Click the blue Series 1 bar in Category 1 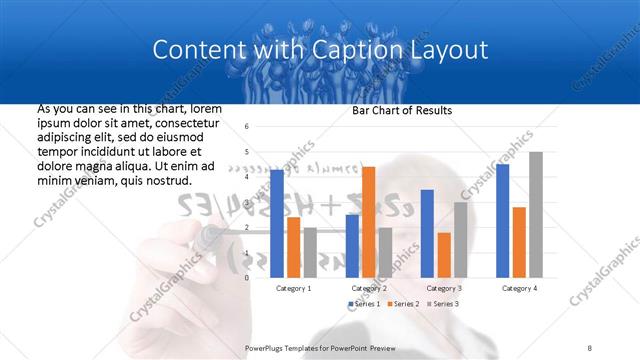point(277,224)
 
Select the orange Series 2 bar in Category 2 point(368,222)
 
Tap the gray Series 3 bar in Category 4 point(535,215)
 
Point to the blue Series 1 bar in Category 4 point(502,221)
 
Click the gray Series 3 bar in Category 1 point(310,253)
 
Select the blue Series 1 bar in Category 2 point(352,246)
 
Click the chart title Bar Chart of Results point(403,110)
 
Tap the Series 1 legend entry point(364,303)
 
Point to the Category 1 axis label point(293,288)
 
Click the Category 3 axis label point(443,288)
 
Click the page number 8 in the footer point(590,347)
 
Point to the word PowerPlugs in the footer point(266,347)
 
